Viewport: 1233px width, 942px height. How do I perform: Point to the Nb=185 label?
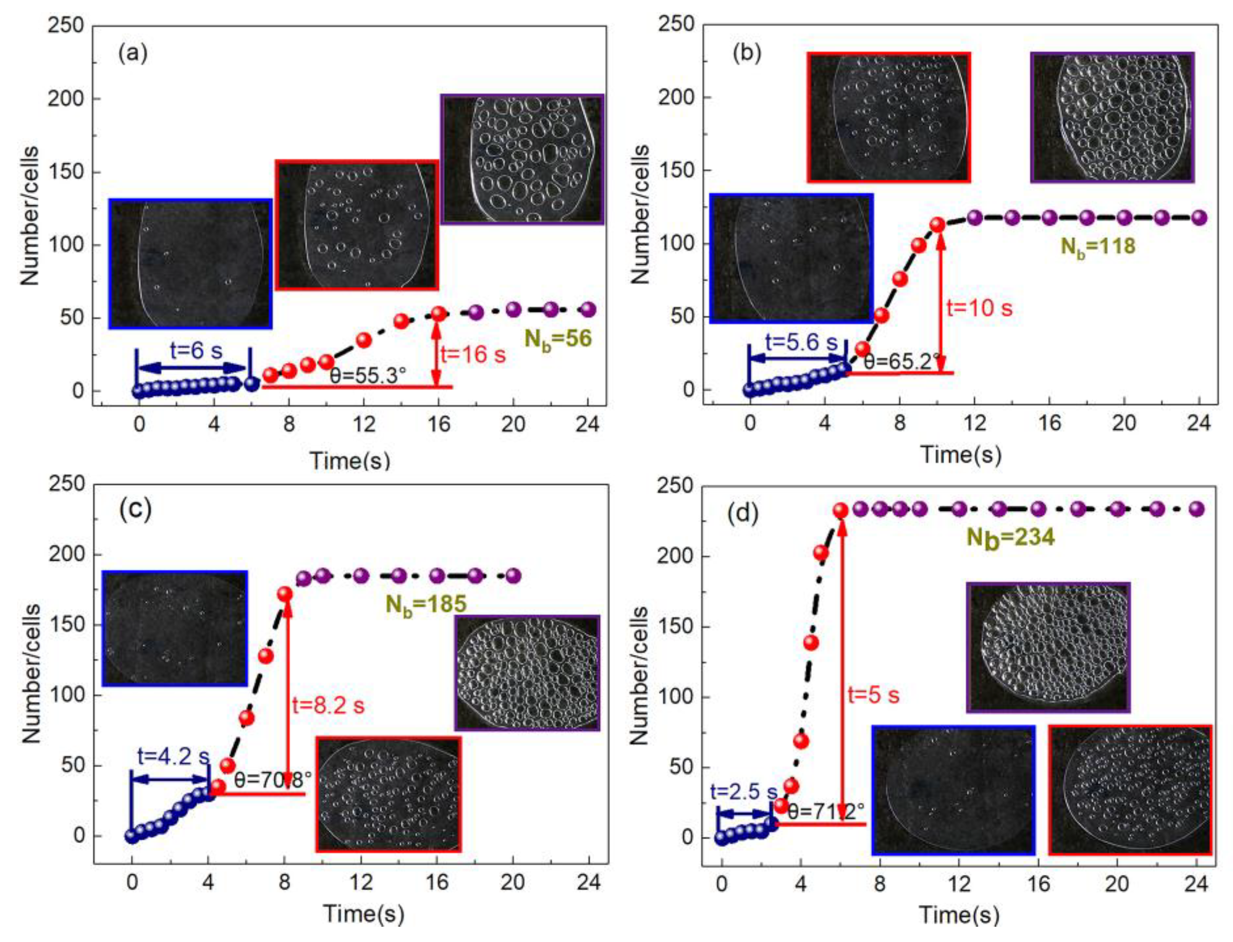coord(425,603)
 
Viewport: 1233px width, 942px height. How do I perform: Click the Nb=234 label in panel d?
coord(1010,537)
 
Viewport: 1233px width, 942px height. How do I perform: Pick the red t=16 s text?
coord(473,354)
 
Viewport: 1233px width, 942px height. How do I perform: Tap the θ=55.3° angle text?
coord(368,375)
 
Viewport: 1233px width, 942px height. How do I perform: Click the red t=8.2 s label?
coord(328,705)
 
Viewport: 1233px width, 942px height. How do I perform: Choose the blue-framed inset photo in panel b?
coord(791,258)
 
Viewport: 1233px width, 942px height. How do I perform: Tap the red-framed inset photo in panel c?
coord(388,794)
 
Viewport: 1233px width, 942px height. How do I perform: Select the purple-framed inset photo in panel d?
coord(1047,647)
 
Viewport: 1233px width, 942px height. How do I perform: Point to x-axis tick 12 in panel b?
coord(975,422)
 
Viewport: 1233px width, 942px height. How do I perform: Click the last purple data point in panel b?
coord(1199,218)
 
